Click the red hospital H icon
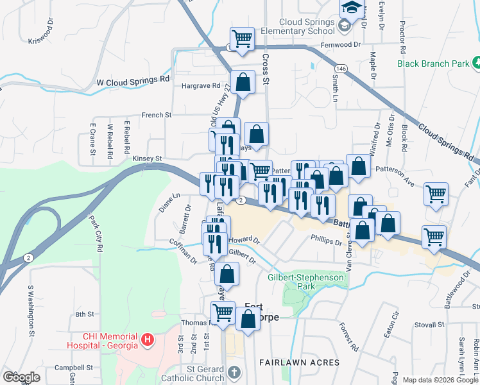pos(148,339)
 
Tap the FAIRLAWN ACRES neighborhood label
pos(299,363)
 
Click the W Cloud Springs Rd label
pos(133,81)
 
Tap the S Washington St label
pos(30,311)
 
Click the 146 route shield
pos(341,68)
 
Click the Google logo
pos(21,377)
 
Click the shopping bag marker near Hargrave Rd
pos(243,83)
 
